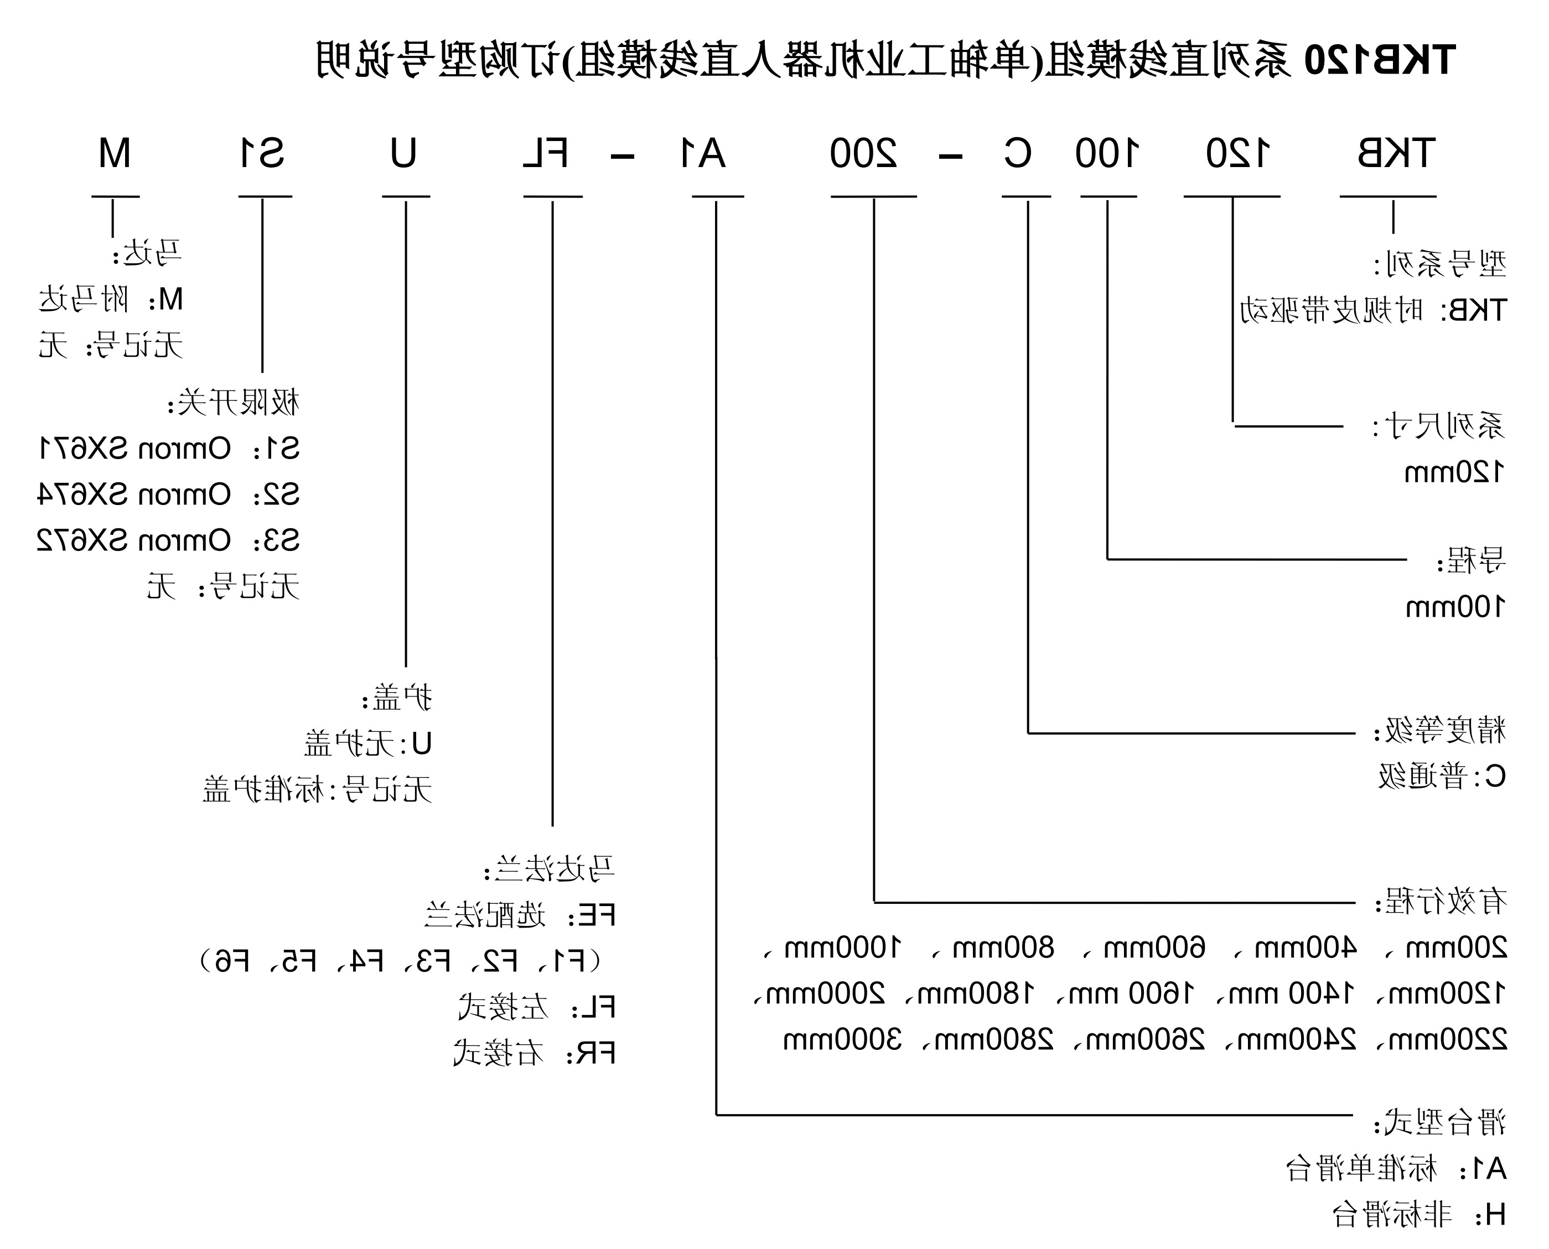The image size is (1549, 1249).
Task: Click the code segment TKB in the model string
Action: point(1396,154)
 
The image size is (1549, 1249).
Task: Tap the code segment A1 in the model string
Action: point(702,154)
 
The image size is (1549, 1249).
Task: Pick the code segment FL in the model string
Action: point(546,154)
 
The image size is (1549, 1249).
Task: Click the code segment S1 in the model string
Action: point(262,154)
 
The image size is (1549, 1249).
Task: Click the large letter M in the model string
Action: point(115,154)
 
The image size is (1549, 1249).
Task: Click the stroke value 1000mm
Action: point(843,948)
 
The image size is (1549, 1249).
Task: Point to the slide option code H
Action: point(1494,1215)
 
